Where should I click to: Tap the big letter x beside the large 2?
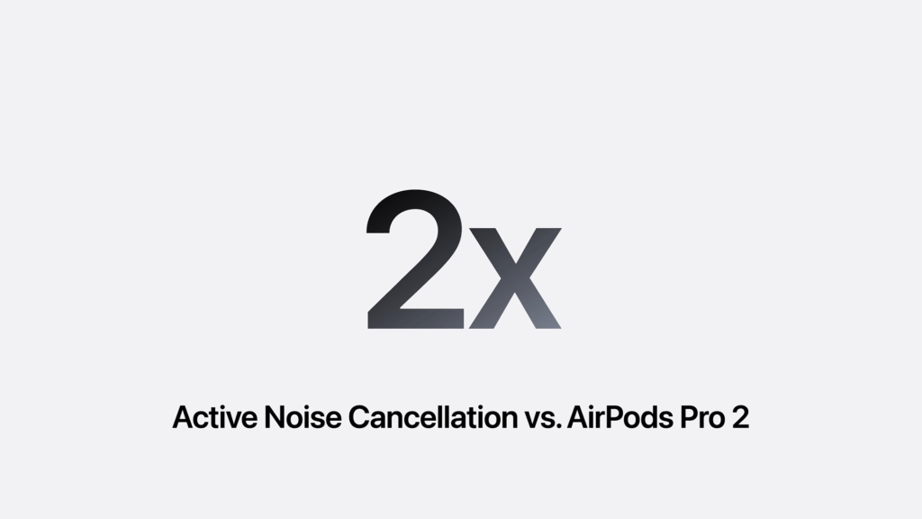(x=515, y=278)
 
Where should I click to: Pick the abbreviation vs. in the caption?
(x=538, y=420)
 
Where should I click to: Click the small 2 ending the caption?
(x=740, y=418)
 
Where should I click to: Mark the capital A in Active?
(x=183, y=418)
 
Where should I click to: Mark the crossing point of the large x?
(x=515, y=278)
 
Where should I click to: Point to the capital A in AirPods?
(x=579, y=418)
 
